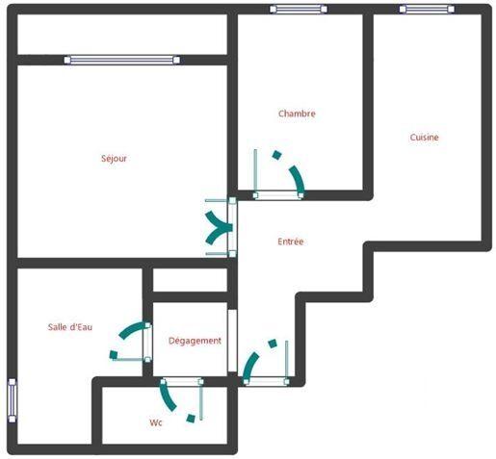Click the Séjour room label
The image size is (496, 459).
click(114, 159)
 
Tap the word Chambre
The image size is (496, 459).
click(297, 114)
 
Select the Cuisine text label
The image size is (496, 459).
click(424, 138)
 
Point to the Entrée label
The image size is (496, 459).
click(290, 242)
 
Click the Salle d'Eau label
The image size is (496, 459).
click(70, 327)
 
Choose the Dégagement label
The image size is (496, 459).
click(195, 341)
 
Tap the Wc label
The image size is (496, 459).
click(156, 422)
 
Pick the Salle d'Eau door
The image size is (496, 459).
click(133, 344)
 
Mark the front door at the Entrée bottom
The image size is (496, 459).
click(265, 364)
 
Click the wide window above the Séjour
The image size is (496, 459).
click(122, 60)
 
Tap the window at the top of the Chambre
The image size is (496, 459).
click(299, 10)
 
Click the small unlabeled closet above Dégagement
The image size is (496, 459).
click(190, 280)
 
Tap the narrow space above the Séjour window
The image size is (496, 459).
click(122, 35)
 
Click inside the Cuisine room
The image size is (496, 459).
click(424, 183)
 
